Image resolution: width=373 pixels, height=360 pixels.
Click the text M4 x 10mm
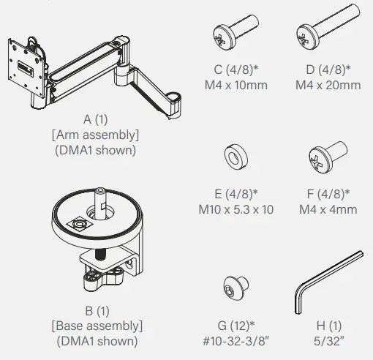pos(236,85)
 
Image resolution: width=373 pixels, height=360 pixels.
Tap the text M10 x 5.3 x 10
pos(236,210)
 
